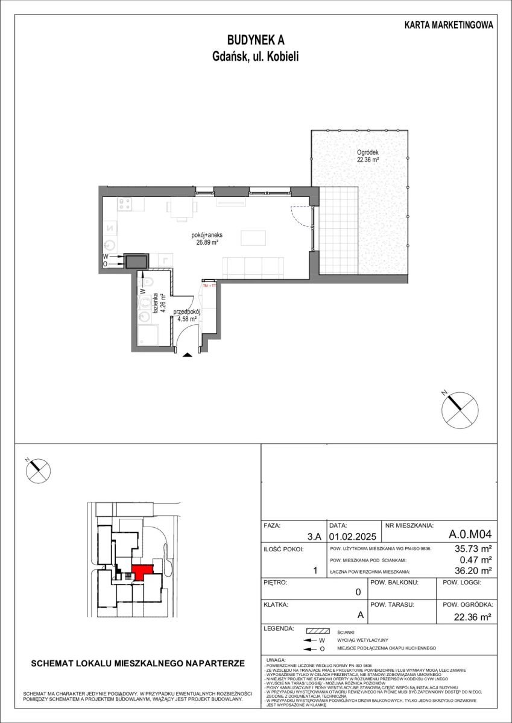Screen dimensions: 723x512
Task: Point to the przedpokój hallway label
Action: pyautogui.click(x=186, y=312)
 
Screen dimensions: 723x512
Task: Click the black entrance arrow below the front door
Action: pyautogui.click(x=188, y=355)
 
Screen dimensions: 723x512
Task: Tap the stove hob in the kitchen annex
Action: pyautogui.click(x=125, y=204)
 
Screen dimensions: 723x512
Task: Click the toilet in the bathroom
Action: pyautogui.click(x=148, y=282)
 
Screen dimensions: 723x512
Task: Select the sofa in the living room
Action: pyautogui.click(x=253, y=267)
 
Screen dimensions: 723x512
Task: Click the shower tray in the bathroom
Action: pyautogui.click(x=148, y=335)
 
